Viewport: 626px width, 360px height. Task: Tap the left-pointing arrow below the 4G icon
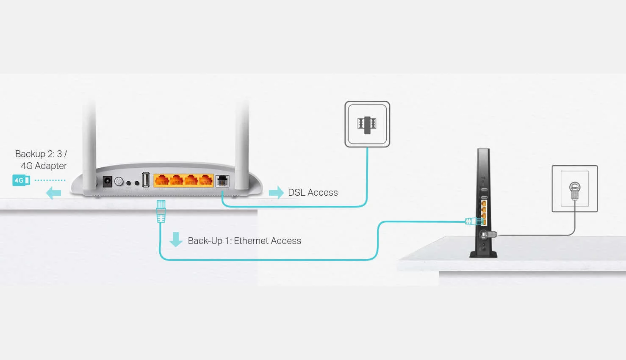coord(53,193)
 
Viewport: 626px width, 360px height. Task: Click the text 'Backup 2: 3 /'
coord(41,154)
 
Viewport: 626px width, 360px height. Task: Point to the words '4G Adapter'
coord(44,166)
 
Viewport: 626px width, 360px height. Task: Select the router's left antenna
coord(89,144)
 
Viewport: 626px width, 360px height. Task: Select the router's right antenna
coord(242,144)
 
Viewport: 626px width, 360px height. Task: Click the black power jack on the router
coord(108,182)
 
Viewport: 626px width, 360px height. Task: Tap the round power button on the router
coord(119,182)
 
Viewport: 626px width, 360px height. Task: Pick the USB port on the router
coord(146,180)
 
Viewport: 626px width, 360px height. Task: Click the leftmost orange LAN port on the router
coord(161,180)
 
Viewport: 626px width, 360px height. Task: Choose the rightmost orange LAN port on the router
coord(206,180)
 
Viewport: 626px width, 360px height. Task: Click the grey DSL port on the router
coord(222,181)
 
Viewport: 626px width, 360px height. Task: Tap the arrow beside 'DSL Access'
coord(276,192)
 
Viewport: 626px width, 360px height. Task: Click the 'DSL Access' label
coord(313,192)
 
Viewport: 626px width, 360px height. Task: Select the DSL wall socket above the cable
coord(367,124)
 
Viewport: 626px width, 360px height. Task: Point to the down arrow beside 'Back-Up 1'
coord(176,239)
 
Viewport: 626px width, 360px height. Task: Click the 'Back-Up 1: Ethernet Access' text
coord(244,241)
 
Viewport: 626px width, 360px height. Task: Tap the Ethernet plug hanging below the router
coord(161,211)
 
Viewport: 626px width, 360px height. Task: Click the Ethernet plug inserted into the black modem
coord(473,221)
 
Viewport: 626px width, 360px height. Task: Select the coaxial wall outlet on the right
coord(575,188)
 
